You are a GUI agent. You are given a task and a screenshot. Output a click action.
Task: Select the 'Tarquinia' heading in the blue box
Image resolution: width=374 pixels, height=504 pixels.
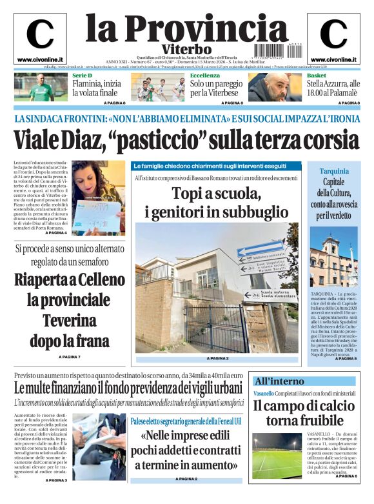click(334, 171)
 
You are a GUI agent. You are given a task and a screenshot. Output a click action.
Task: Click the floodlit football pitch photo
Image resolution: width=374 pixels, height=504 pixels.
click(276, 455)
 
